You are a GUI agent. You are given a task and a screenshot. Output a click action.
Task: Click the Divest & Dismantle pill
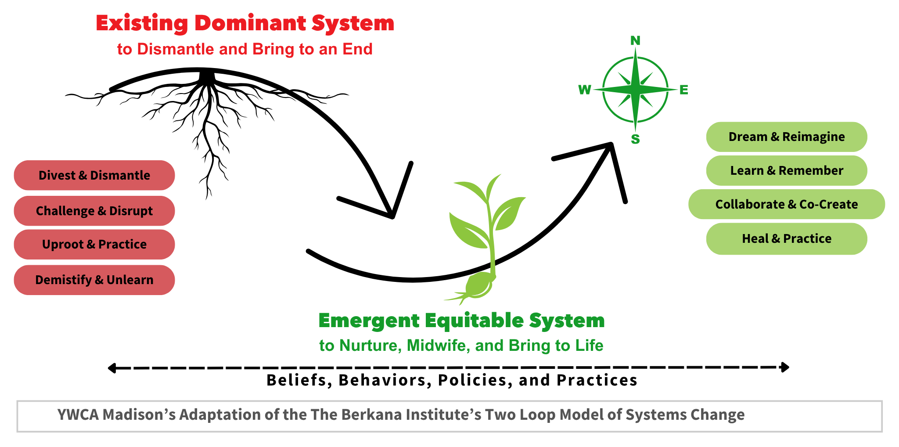[94, 175]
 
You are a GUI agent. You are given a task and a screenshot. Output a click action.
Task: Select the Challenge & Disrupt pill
[94, 211]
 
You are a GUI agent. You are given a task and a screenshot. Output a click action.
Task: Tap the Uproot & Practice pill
[94, 244]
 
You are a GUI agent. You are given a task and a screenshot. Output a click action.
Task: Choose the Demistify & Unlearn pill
[94, 280]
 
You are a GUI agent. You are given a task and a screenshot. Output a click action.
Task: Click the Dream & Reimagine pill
[787, 137]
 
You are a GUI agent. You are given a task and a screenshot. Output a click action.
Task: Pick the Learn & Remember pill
[787, 170]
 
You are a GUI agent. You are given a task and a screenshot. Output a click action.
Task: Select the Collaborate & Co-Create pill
[787, 204]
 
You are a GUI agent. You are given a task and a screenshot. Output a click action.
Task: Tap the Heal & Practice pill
[787, 238]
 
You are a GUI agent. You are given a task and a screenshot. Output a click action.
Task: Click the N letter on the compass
[635, 41]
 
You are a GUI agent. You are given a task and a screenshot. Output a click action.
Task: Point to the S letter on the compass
[635, 139]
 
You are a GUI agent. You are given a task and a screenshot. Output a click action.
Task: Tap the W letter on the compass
[585, 90]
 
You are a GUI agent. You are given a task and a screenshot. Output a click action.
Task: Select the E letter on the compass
[684, 90]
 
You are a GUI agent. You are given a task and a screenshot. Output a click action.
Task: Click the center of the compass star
[635, 90]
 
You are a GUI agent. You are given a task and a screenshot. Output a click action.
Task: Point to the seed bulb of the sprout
[479, 285]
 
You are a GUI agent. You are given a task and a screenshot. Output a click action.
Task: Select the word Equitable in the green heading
[474, 321]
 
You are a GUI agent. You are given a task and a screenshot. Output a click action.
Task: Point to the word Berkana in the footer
[369, 415]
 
